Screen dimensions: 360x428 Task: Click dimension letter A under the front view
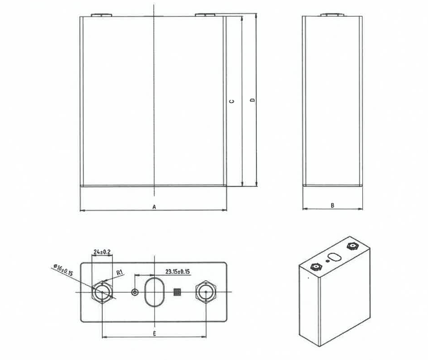(x=154, y=207)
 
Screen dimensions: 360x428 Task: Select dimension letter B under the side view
(x=332, y=205)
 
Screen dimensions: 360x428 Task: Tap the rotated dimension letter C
(x=232, y=101)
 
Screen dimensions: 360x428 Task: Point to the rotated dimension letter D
(x=252, y=100)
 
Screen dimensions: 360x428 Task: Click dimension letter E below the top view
(x=154, y=333)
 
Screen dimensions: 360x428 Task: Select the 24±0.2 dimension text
(x=102, y=252)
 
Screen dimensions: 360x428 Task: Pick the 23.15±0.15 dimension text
(x=177, y=271)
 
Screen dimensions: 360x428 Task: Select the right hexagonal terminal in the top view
(x=206, y=292)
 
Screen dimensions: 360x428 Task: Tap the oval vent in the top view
(x=154, y=292)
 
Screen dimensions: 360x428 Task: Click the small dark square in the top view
(x=177, y=292)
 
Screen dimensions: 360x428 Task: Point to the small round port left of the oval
(x=135, y=292)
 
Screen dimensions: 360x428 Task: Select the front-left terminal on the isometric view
(x=316, y=267)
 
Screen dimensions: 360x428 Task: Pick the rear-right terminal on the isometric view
(x=351, y=246)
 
